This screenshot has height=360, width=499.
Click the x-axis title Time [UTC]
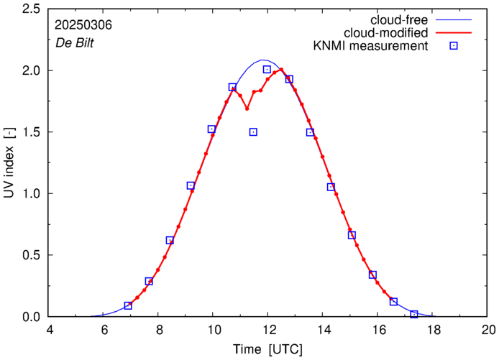tap(268, 349)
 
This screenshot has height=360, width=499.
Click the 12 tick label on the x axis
tap(268, 331)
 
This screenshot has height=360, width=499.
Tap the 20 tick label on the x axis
tap(488, 331)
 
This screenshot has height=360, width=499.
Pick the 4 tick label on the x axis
tap(49, 331)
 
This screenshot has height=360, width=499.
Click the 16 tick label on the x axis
tap(378, 331)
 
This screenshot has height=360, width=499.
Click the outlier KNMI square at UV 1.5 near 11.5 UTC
tap(253, 132)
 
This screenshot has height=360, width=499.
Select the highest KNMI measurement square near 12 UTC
tap(267, 70)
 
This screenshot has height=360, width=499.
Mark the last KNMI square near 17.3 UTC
tap(414, 314)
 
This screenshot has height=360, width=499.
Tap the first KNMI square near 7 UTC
tap(128, 305)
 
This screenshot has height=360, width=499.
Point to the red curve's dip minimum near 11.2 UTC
tap(247, 109)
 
